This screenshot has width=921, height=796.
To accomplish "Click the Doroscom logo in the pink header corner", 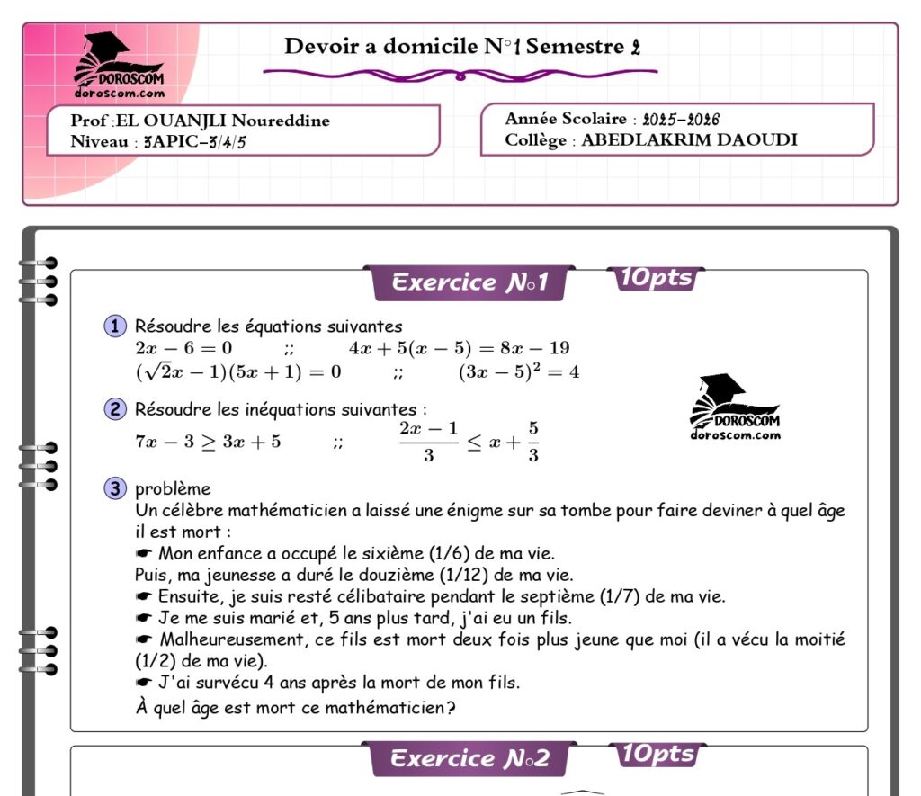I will (119, 65).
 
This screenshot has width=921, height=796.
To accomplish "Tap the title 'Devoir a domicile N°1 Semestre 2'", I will (462, 47).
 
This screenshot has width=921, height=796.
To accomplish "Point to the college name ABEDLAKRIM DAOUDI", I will (689, 140).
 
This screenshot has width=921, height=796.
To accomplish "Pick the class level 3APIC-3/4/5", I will (194, 141).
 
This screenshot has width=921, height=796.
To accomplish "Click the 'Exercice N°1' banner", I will (469, 283).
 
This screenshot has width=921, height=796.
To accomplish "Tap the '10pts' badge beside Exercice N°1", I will (656, 279).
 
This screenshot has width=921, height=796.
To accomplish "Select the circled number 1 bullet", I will (115, 326).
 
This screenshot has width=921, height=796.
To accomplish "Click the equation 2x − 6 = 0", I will (183, 348).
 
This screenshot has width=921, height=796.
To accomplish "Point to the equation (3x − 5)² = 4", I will (519, 371).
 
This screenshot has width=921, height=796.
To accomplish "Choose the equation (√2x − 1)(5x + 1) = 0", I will (237, 371).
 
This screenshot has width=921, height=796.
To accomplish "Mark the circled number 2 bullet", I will (115, 409).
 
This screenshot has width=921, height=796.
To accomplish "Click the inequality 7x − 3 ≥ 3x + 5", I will (208, 442).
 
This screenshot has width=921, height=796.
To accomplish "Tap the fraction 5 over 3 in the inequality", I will (533, 441).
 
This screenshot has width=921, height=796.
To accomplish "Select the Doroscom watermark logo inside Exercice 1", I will (735, 407).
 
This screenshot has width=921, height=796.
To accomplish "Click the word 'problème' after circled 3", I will (173, 489).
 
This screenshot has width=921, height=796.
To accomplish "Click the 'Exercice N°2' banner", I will (469, 759).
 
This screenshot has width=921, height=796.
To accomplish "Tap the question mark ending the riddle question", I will (450, 708).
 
